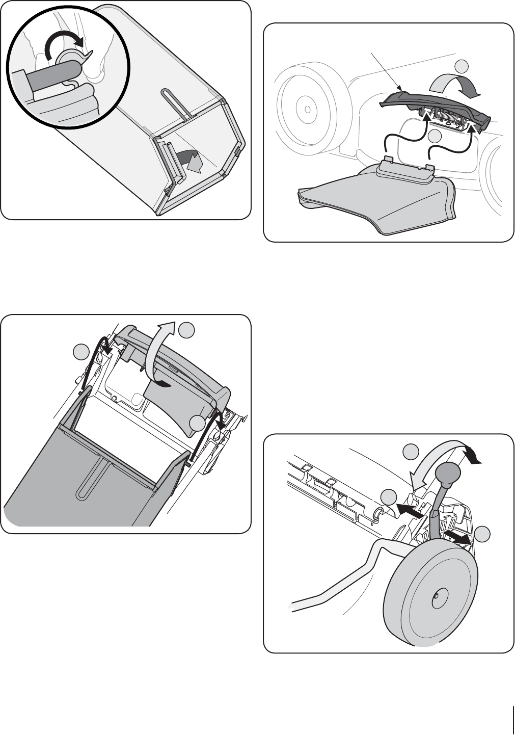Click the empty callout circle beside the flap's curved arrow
[x=462, y=66]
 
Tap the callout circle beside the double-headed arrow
[x=482, y=534]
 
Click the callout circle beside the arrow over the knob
[x=411, y=451]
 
